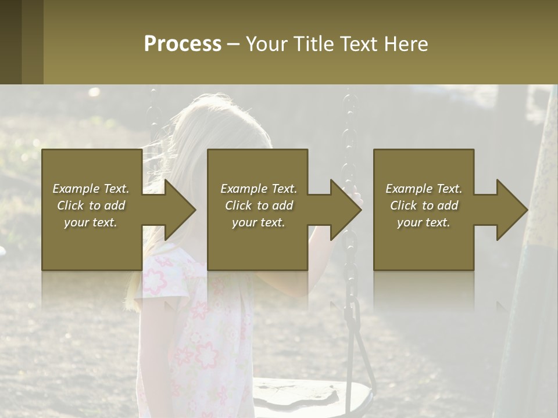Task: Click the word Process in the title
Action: [x=183, y=44]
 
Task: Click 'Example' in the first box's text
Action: [x=76, y=189]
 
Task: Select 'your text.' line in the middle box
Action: [x=258, y=222]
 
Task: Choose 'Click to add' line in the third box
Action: [x=424, y=206]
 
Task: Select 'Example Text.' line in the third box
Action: [x=424, y=189]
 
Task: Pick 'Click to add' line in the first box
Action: [x=91, y=206]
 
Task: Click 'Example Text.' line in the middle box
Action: [x=258, y=189]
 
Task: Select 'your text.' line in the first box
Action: [x=91, y=222]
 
